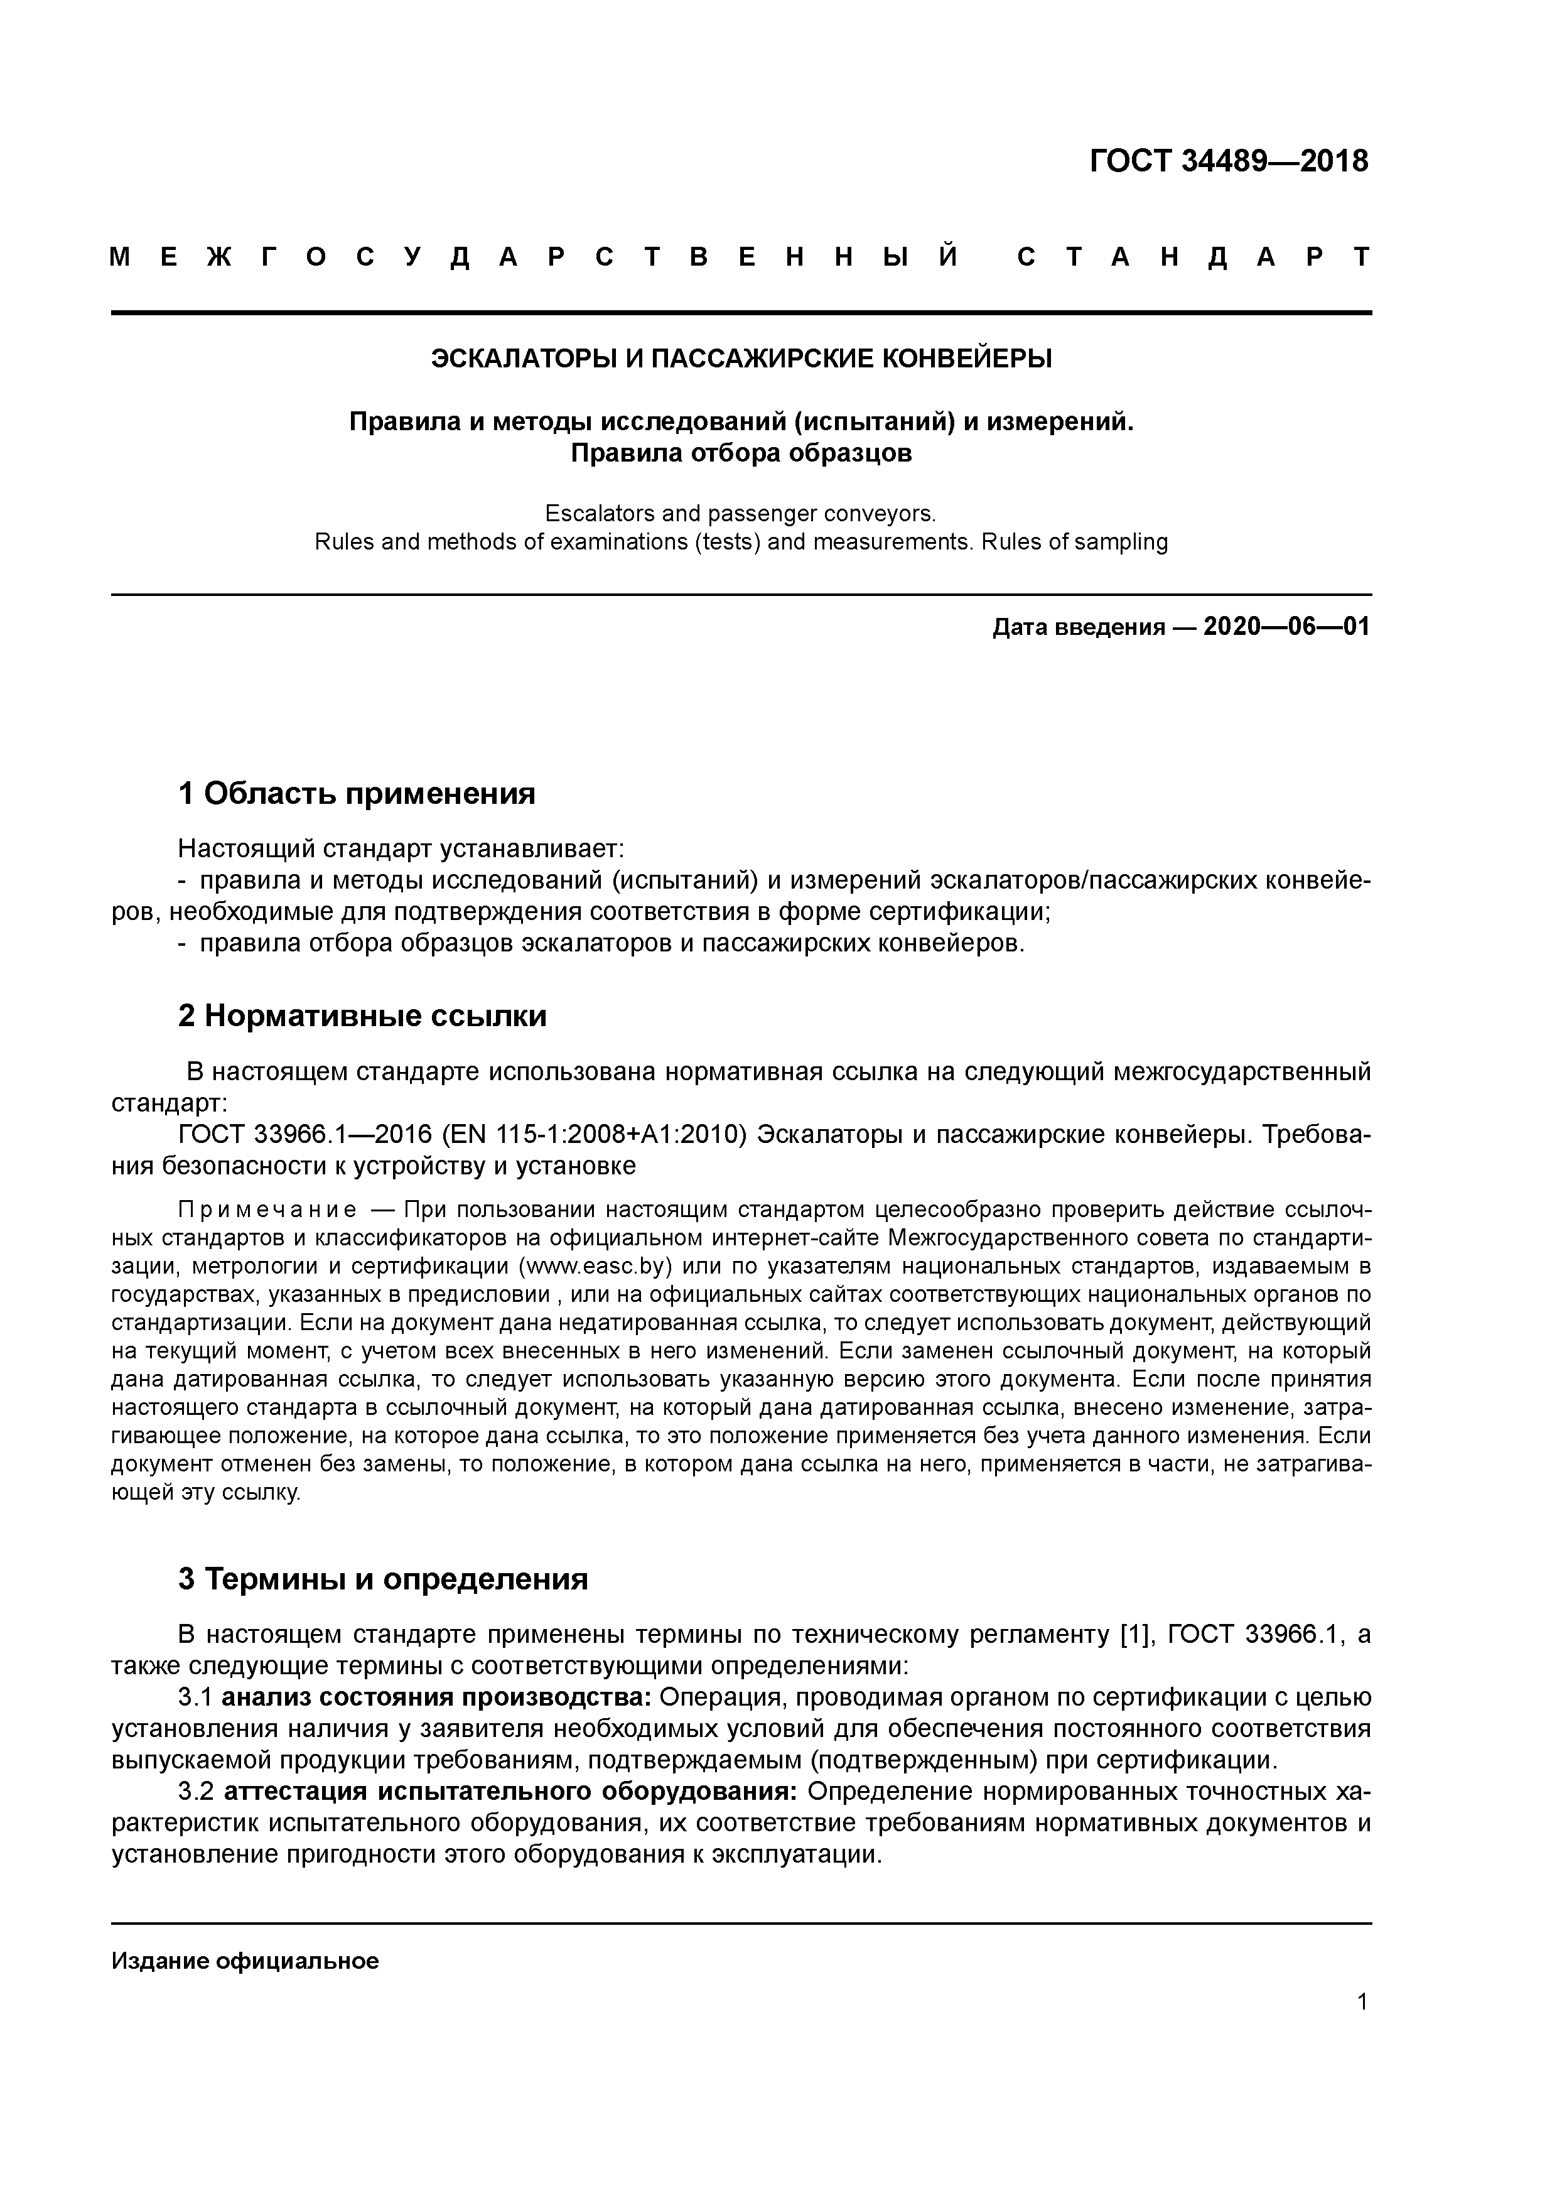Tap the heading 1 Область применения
(356, 794)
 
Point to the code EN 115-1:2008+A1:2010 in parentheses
(595, 1135)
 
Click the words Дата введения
(1079, 629)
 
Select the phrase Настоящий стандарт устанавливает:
(401, 848)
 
